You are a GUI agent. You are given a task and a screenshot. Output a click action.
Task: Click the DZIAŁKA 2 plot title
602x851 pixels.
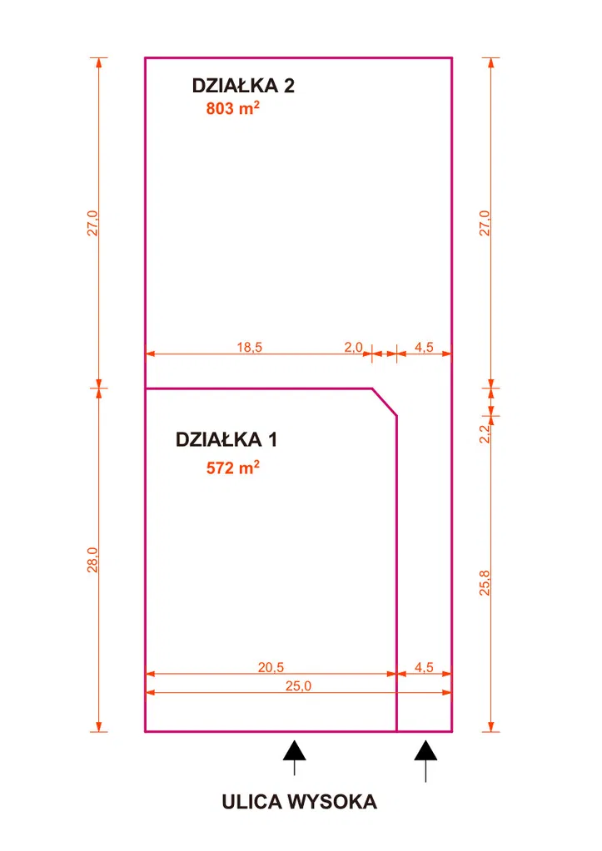(243, 86)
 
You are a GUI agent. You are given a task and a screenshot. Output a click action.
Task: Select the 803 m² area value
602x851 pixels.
(232, 108)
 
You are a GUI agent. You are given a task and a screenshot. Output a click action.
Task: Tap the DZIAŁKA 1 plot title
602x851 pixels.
(226, 439)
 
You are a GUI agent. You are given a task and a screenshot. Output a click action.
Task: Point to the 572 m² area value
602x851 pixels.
(232, 468)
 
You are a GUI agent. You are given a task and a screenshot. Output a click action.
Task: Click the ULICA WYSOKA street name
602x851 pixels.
(300, 802)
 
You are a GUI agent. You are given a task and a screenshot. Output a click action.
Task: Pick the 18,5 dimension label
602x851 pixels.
(250, 347)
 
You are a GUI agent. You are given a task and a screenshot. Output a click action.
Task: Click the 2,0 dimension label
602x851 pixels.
(353, 347)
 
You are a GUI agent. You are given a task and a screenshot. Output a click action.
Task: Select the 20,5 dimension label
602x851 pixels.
(271, 667)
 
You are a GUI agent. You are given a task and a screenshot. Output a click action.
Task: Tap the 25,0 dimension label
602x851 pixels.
(298, 686)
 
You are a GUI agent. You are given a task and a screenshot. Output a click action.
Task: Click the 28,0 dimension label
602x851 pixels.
(92, 560)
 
